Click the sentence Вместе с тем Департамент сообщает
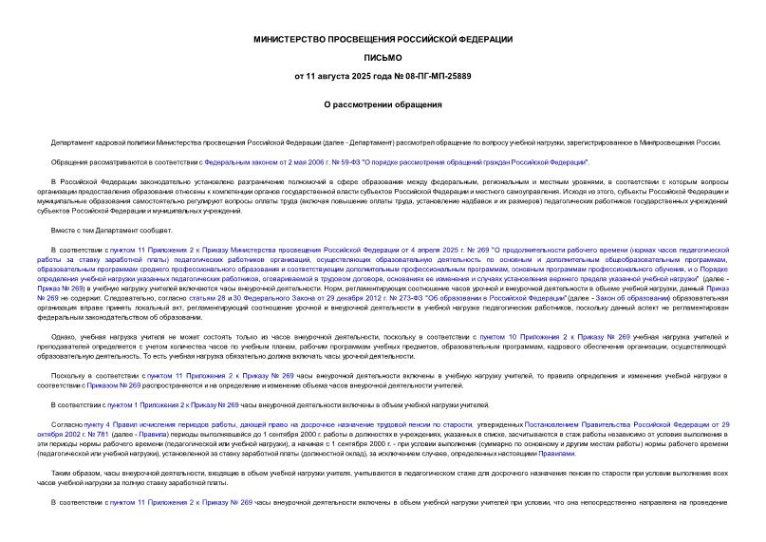[112, 231]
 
